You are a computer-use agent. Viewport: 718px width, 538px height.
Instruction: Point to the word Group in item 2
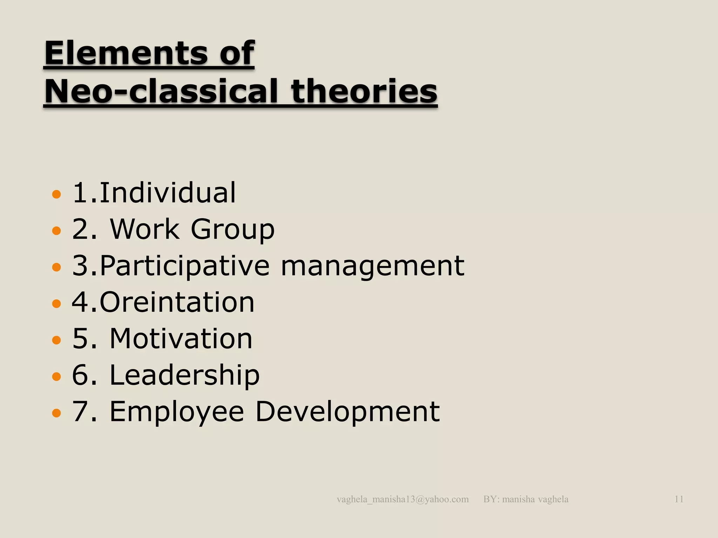pos(232,230)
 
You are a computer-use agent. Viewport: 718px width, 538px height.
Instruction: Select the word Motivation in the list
pos(181,339)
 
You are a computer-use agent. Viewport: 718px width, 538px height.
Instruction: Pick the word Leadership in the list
pos(185,375)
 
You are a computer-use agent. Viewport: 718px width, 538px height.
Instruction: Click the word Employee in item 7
pos(177,412)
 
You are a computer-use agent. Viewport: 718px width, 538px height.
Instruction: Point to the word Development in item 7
pos(347,412)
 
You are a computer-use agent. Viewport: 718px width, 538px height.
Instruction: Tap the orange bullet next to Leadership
pos(56,377)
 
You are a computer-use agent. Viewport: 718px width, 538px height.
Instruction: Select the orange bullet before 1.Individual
pos(56,194)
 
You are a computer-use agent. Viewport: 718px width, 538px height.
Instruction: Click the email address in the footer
pos(402,499)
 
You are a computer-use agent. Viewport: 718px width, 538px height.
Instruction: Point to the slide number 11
pos(679,499)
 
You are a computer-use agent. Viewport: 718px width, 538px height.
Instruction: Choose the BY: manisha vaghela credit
pos(526,499)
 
